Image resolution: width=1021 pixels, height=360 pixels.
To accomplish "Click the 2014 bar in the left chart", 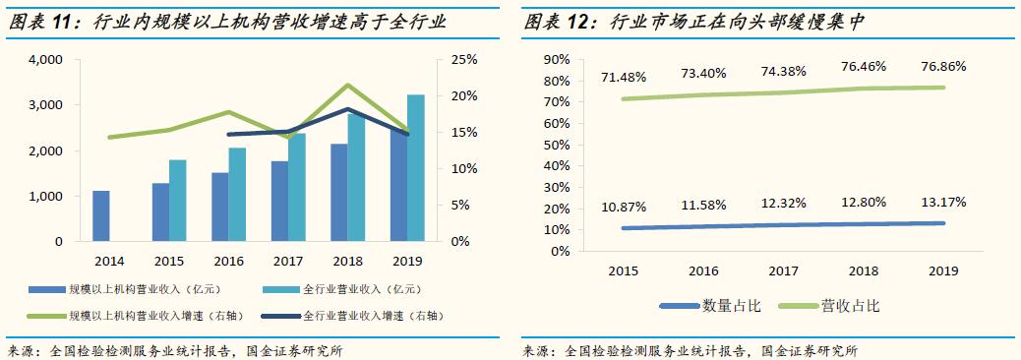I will pyautogui.click(x=100, y=215).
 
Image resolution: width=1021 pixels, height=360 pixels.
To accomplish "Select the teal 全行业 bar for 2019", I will pyautogui.click(x=416, y=167).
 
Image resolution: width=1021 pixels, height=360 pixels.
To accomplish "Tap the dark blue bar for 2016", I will pyautogui.click(x=219, y=207).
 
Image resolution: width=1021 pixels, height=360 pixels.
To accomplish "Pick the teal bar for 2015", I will pyautogui.click(x=177, y=200).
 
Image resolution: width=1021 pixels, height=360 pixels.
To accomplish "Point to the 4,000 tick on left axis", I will pyautogui.click(x=46, y=60).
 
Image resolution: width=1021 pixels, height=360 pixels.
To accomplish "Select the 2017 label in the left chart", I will pyautogui.click(x=287, y=261).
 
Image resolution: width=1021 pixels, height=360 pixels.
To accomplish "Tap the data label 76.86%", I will pyautogui.click(x=943, y=67).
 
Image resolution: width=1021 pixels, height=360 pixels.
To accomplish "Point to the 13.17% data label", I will pyautogui.click(x=943, y=202).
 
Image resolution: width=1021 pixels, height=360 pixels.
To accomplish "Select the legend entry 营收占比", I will pyautogui.click(x=850, y=306).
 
